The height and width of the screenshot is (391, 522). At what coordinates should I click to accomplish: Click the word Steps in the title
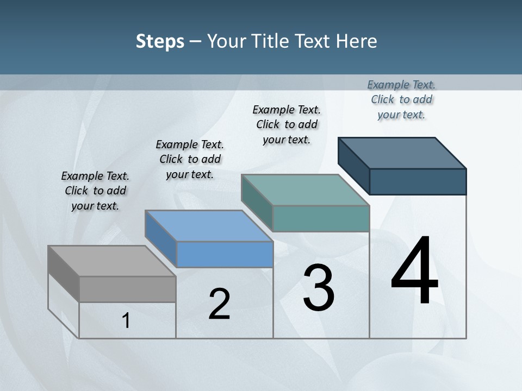pyautogui.click(x=160, y=41)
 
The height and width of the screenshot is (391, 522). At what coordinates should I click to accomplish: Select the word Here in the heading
pyautogui.click(x=356, y=41)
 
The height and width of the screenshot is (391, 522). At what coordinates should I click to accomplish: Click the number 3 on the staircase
pyautogui.click(x=319, y=288)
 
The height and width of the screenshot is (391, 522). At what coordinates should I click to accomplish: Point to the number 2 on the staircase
pyautogui.click(x=220, y=305)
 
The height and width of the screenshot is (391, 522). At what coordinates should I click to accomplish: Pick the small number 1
pyautogui.click(x=126, y=321)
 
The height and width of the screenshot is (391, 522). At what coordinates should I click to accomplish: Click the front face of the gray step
pyautogui.click(x=127, y=289)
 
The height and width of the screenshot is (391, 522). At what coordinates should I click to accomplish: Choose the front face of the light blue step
pyautogui.click(x=225, y=254)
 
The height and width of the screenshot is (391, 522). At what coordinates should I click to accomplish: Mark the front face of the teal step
pyautogui.click(x=321, y=218)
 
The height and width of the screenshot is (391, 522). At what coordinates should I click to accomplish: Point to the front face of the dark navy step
pyautogui.click(x=418, y=181)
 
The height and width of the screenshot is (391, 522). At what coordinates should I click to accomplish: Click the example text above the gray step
pyautogui.click(x=95, y=191)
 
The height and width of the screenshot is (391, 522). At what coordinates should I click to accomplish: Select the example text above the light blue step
pyautogui.click(x=190, y=159)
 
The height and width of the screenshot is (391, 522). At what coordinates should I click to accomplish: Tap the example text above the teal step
pyautogui.click(x=287, y=124)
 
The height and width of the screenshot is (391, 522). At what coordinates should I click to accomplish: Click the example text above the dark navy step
pyautogui.click(x=401, y=99)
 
